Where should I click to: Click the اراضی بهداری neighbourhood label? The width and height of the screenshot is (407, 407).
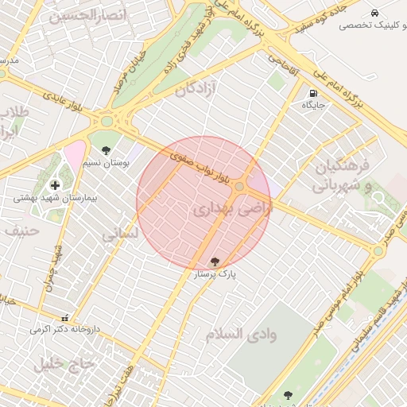[x=232, y=210]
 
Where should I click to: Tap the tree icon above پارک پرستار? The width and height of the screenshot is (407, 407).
[x=215, y=261]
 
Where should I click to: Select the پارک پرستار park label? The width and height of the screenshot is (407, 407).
[x=215, y=273]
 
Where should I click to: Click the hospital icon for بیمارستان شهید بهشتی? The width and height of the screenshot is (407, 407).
[x=55, y=185]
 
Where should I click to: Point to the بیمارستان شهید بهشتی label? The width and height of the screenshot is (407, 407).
[x=45, y=198]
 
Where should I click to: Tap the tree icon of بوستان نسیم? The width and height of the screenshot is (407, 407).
[x=107, y=149]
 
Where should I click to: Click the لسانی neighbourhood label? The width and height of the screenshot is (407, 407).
[x=120, y=235]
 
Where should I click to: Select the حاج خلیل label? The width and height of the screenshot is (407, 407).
[x=64, y=363]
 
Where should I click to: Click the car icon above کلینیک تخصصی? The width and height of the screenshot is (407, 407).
[x=374, y=13]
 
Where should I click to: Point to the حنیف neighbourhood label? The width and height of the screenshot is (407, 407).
[x=21, y=231]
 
